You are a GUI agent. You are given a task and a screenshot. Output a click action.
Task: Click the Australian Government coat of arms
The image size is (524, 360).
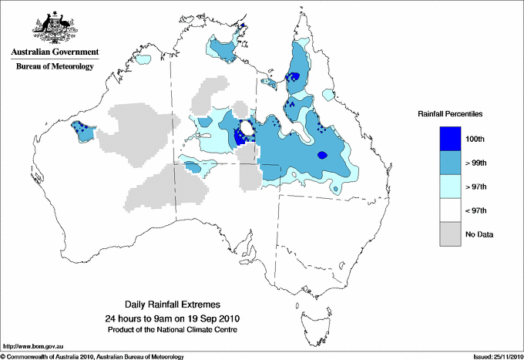54,28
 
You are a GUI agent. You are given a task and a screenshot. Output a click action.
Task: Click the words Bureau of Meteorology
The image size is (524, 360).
55,66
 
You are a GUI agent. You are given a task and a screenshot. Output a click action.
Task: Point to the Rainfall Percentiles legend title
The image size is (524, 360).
450,113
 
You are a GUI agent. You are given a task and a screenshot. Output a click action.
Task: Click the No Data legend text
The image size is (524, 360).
480,234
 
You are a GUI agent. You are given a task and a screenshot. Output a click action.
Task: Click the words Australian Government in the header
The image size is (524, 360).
55,52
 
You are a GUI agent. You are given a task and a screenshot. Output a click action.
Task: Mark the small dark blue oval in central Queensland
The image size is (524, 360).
322,155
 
